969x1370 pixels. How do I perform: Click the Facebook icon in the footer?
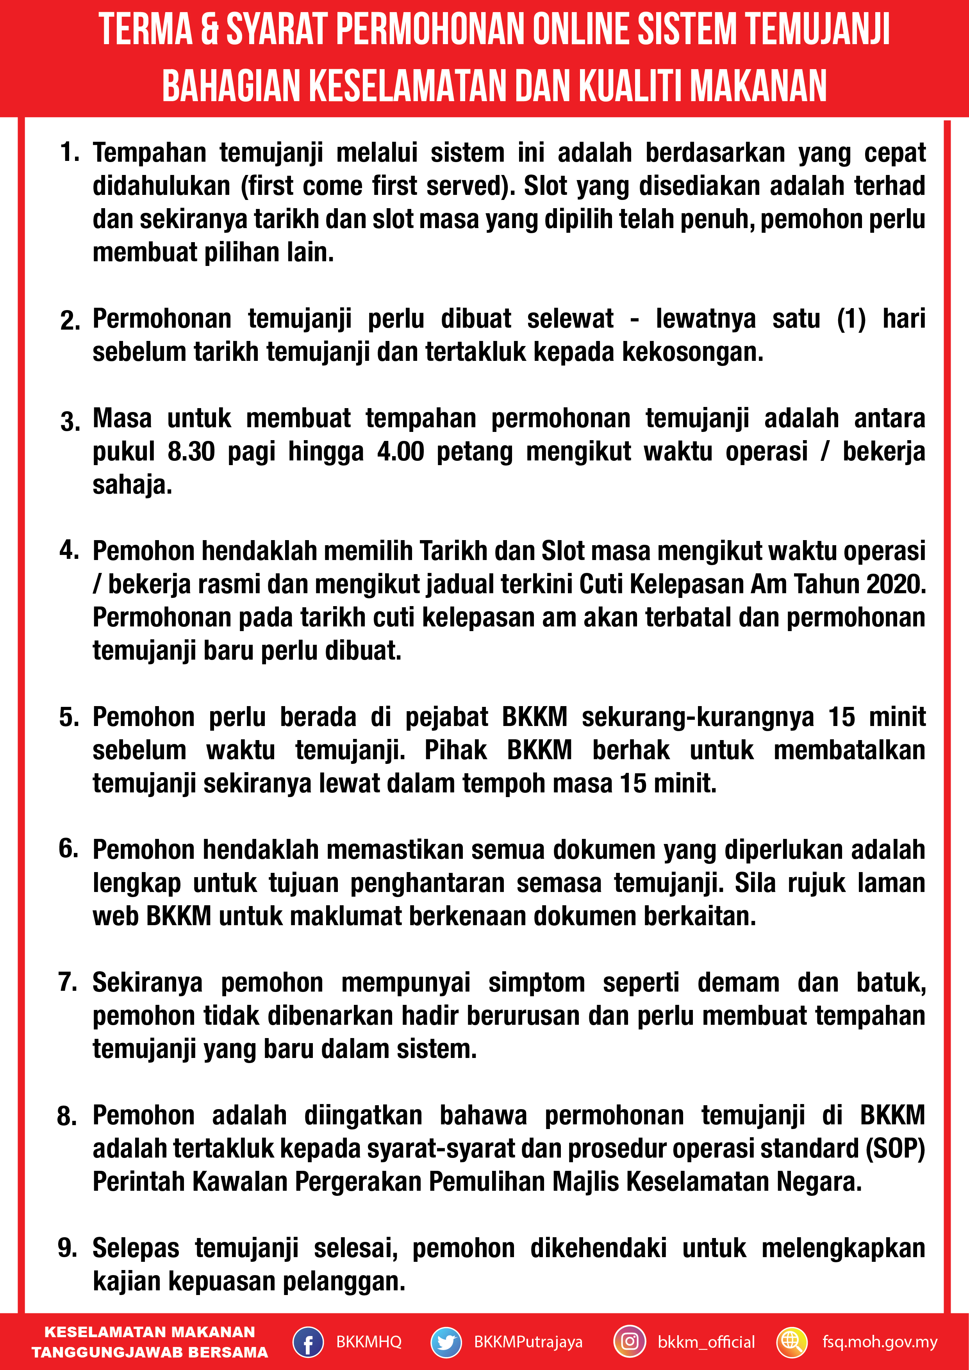(x=308, y=1342)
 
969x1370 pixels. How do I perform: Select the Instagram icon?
(x=630, y=1342)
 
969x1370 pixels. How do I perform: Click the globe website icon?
(x=792, y=1342)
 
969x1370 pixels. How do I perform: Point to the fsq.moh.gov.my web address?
(x=880, y=1342)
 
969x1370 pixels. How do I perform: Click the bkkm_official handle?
(x=706, y=1342)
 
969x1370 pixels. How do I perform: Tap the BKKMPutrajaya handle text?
(x=528, y=1342)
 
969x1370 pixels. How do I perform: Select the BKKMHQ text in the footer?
(x=369, y=1342)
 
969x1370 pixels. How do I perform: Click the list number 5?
(x=69, y=717)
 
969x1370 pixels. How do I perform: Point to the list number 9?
(x=68, y=1248)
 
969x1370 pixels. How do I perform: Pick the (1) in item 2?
(x=851, y=319)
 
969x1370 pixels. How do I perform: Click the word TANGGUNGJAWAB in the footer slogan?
(x=97, y=1352)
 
